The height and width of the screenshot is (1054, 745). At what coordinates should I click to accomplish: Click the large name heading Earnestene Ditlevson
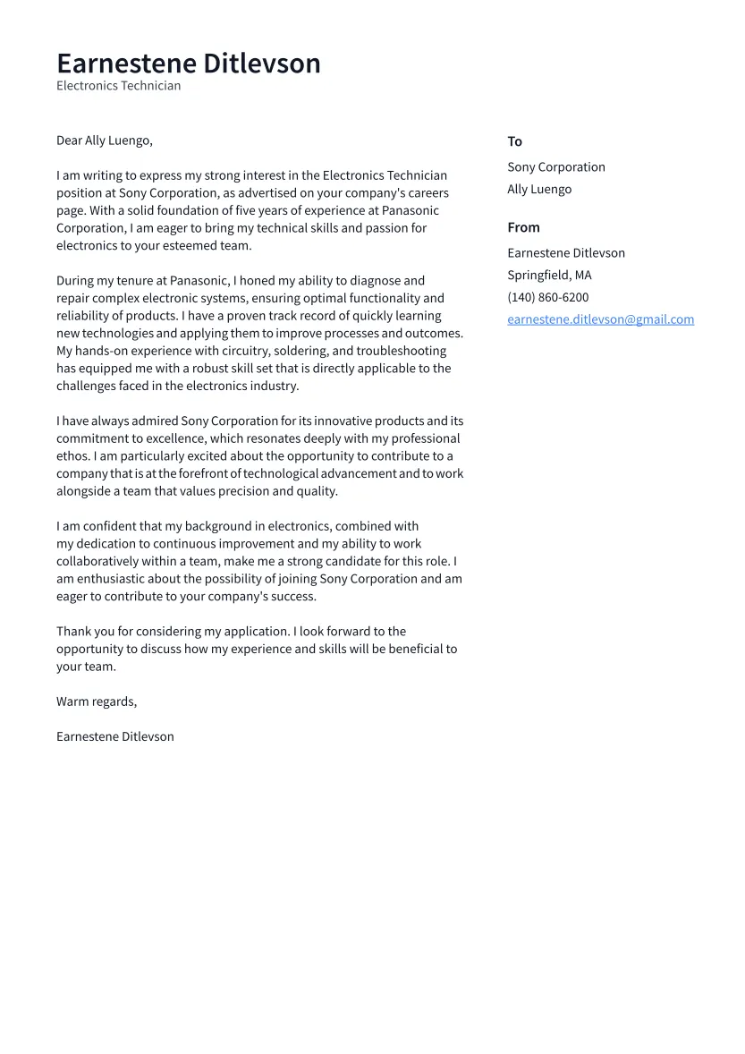coord(188,64)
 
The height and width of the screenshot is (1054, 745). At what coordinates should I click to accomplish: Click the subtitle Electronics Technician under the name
coord(118,86)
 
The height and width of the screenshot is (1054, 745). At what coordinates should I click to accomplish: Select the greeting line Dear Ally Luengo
coord(104,140)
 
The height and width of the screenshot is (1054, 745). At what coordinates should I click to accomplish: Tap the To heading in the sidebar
coord(514,141)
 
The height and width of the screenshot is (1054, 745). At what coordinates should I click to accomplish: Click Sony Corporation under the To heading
coord(555,167)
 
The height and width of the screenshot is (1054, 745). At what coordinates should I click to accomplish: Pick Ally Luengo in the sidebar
coord(538,190)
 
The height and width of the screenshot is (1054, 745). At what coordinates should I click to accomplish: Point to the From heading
coord(523,227)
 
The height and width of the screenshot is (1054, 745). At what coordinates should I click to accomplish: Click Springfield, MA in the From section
coord(549,276)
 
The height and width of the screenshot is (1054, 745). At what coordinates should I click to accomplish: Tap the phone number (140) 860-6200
coord(547,298)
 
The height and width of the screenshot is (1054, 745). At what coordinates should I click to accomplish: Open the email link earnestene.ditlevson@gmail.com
coord(600,319)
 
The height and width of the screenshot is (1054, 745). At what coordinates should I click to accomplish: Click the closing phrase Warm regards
coord(96,701)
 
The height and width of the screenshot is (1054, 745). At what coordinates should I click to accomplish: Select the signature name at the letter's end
coord(114,736)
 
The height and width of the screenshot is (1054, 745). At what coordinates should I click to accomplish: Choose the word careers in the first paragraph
coord(427,193)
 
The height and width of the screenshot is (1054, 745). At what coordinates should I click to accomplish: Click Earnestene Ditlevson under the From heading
coord(565,253)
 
